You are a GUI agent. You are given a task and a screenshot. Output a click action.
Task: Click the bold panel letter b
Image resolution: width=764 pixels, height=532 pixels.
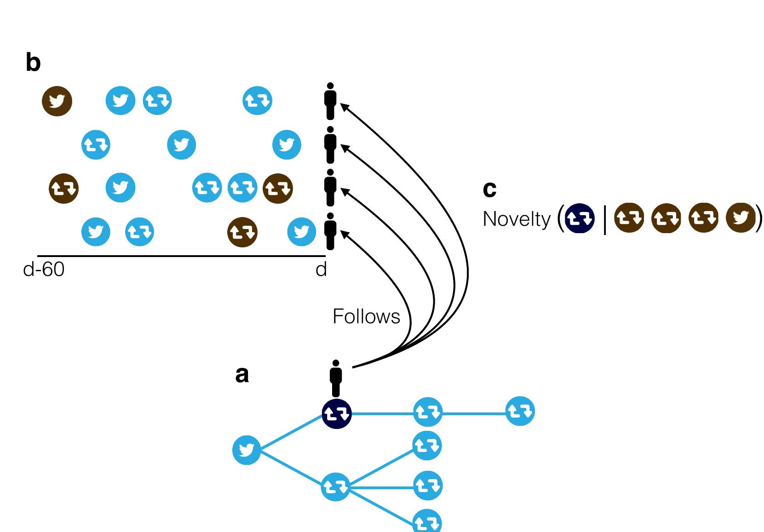coord(33,63)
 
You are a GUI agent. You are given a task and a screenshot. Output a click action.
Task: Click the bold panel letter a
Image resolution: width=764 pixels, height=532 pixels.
coord(242,375)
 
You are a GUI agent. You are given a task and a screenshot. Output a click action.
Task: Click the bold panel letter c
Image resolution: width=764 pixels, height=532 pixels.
coord(489,189)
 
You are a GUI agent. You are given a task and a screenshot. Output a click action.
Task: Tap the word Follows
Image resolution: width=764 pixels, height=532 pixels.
coord(366,317)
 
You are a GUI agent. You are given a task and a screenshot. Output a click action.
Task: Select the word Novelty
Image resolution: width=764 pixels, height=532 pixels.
coord(516,219)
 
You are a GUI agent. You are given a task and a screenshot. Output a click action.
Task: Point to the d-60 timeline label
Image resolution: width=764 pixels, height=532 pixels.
coord(44,269)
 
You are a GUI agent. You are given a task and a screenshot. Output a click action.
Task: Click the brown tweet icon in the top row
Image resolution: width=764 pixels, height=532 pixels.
coord(57,101)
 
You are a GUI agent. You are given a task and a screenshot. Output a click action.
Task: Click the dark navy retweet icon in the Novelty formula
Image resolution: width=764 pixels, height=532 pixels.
coord(580,218)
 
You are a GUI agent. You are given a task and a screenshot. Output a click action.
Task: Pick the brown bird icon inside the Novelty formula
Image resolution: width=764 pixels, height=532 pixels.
coord(740,218)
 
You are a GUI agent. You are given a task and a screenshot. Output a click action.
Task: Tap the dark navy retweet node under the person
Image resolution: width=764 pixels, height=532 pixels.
coord(337,414)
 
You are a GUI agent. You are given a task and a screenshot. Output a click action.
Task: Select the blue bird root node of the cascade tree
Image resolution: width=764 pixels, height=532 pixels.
coord(247,450)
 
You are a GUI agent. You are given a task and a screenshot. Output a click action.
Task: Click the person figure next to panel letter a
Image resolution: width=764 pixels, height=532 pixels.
coord(336,378)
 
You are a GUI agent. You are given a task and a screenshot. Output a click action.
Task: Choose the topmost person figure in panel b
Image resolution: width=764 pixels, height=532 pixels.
coord(330,101)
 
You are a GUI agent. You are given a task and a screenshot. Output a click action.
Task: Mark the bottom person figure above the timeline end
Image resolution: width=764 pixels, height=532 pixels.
coord(330,231)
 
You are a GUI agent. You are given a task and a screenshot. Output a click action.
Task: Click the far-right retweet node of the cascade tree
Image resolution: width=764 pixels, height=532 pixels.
coord(520,411)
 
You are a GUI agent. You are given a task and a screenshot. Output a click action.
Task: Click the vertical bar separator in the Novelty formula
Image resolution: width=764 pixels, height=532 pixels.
coord(604,219)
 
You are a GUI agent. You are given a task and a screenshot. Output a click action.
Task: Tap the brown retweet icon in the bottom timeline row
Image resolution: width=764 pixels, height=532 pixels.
coord(242,232)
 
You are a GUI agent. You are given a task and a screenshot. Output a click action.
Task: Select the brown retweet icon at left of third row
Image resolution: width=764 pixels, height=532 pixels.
coord(63,188)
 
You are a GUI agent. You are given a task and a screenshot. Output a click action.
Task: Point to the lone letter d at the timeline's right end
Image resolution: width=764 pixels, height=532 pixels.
coord(321,269)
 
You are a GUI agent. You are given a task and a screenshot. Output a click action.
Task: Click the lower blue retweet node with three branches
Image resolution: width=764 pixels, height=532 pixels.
coord(336,487)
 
